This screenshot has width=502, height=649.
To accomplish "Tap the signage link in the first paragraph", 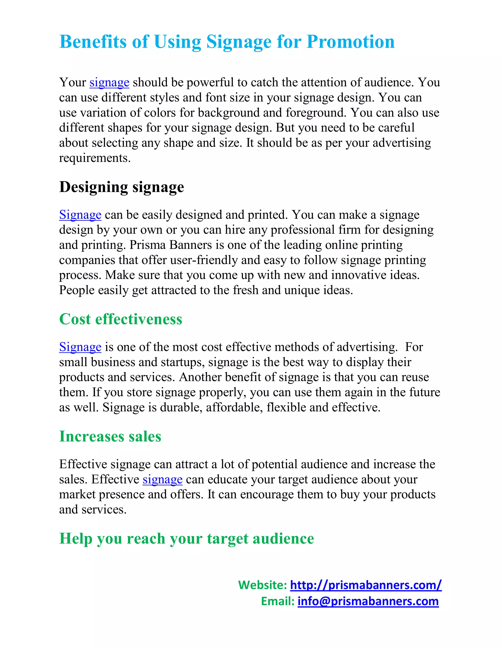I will click(109, 83).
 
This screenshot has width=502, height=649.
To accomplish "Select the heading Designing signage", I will click(121, 187).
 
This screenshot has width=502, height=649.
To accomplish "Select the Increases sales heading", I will click(110, 436).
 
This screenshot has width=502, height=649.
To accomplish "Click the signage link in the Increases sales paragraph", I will click(162, 480).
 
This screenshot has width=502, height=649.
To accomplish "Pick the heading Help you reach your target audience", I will click(187, 539).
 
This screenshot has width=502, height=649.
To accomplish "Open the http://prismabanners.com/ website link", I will click(365, 585).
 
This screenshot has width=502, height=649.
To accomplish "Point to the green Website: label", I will click(262, 585).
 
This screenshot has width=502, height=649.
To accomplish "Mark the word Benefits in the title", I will click(93, 42).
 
